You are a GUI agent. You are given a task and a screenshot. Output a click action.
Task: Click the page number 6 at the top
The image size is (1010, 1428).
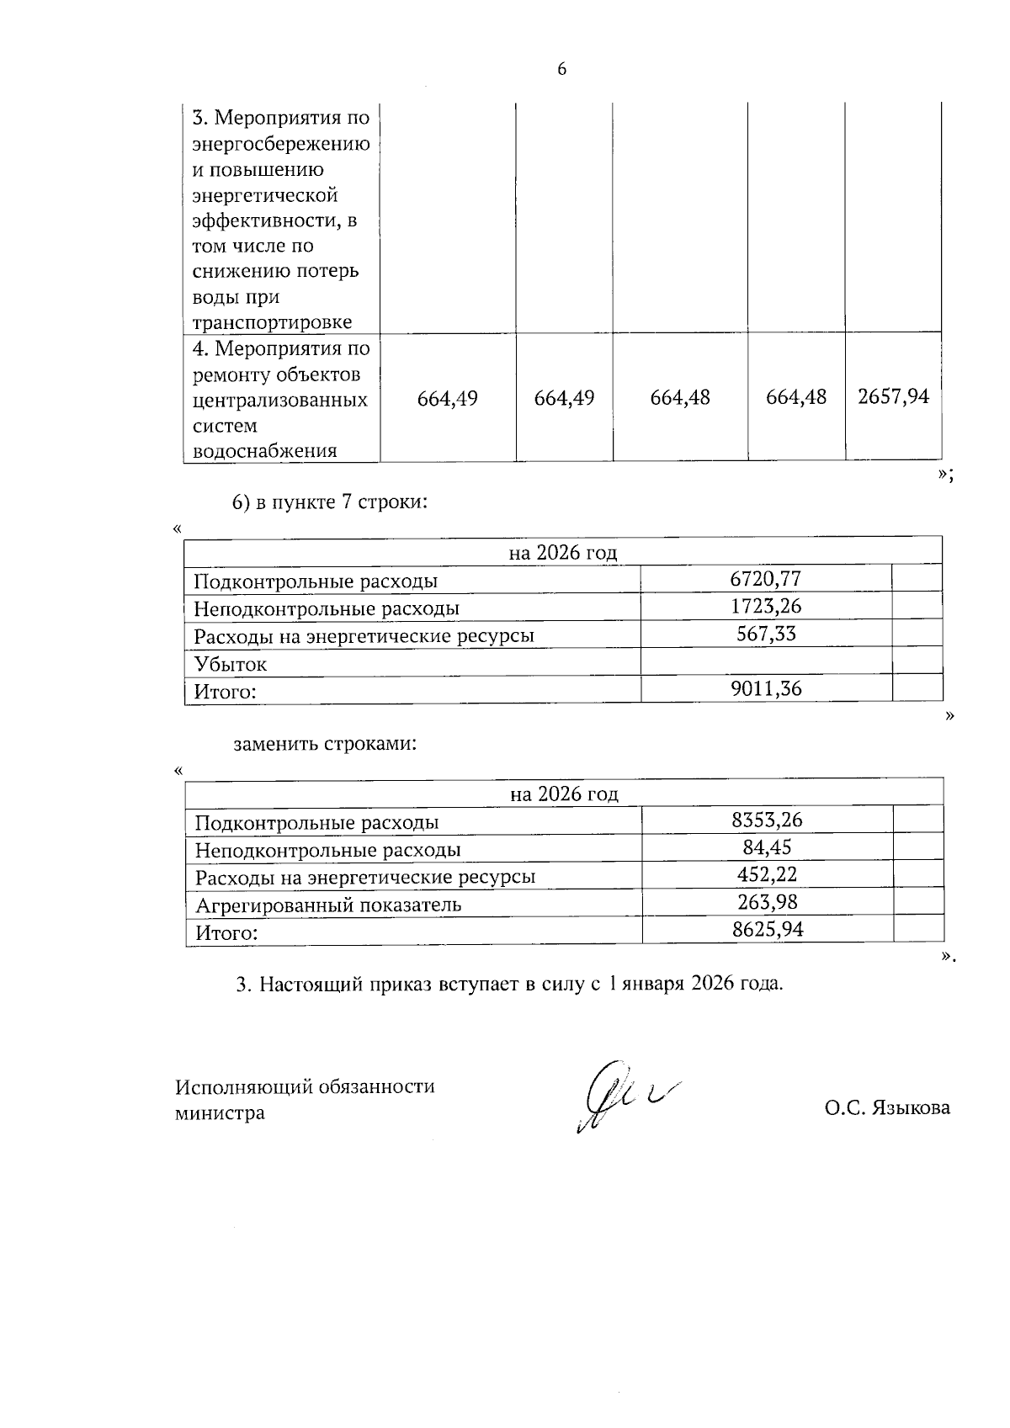click(561, 70)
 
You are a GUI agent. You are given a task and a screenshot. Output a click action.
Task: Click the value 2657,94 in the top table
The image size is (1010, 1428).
click(893, 397)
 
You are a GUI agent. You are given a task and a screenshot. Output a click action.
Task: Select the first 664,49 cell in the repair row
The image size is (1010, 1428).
click(448, 398)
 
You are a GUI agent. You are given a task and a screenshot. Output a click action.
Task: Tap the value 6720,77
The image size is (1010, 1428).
click(765, 578)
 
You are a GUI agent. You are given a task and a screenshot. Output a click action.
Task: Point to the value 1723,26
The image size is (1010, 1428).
click(765, 606)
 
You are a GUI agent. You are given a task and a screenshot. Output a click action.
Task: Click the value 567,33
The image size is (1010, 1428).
click(765, 634)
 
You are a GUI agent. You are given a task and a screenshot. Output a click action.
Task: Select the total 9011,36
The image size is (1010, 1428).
click(765, 689)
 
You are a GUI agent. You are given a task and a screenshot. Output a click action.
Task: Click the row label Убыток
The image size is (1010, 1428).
click(231, 664)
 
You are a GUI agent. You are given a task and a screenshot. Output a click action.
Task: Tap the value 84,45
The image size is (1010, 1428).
click(766, 847)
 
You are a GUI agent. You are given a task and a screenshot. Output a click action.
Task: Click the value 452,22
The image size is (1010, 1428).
click(766, 875)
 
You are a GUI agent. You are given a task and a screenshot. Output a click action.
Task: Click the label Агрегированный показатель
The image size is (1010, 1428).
click(328, 905)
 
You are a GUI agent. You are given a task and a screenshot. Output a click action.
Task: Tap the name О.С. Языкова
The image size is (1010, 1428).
click(887, 1107)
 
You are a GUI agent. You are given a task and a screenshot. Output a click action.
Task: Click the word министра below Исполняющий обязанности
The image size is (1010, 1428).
click(219, 1113)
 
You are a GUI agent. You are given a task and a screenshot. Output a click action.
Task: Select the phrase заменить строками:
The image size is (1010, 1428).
click(325, 745)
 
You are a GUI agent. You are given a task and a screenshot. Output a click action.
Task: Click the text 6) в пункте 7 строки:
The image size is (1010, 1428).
click(330, 503)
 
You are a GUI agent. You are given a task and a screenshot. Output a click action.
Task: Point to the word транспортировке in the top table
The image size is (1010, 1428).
click(272, 323)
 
